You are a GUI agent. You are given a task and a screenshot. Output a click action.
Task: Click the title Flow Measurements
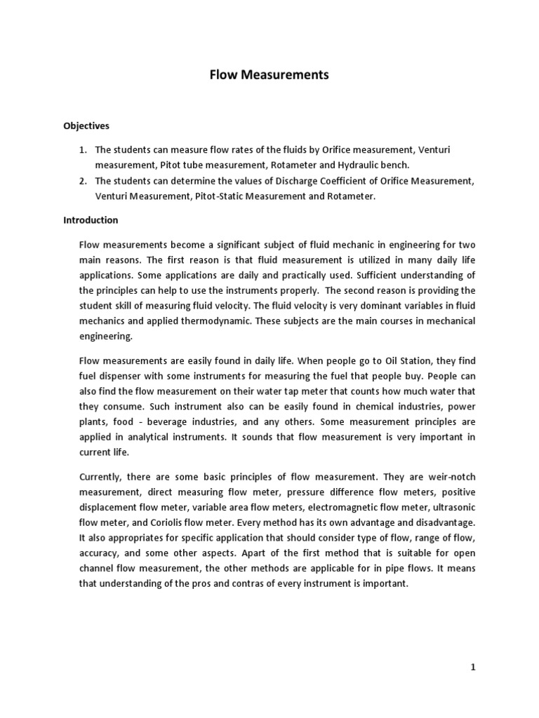[269, 74]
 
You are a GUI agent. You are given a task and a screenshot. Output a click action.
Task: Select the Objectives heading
[86, 126]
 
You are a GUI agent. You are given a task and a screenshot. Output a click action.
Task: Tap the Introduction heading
[91, 220]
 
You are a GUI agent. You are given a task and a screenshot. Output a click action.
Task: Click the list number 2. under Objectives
[82, 181]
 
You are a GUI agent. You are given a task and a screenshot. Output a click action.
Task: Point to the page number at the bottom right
[473, 668]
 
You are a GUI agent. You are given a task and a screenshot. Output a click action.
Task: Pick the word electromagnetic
[332, 508]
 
